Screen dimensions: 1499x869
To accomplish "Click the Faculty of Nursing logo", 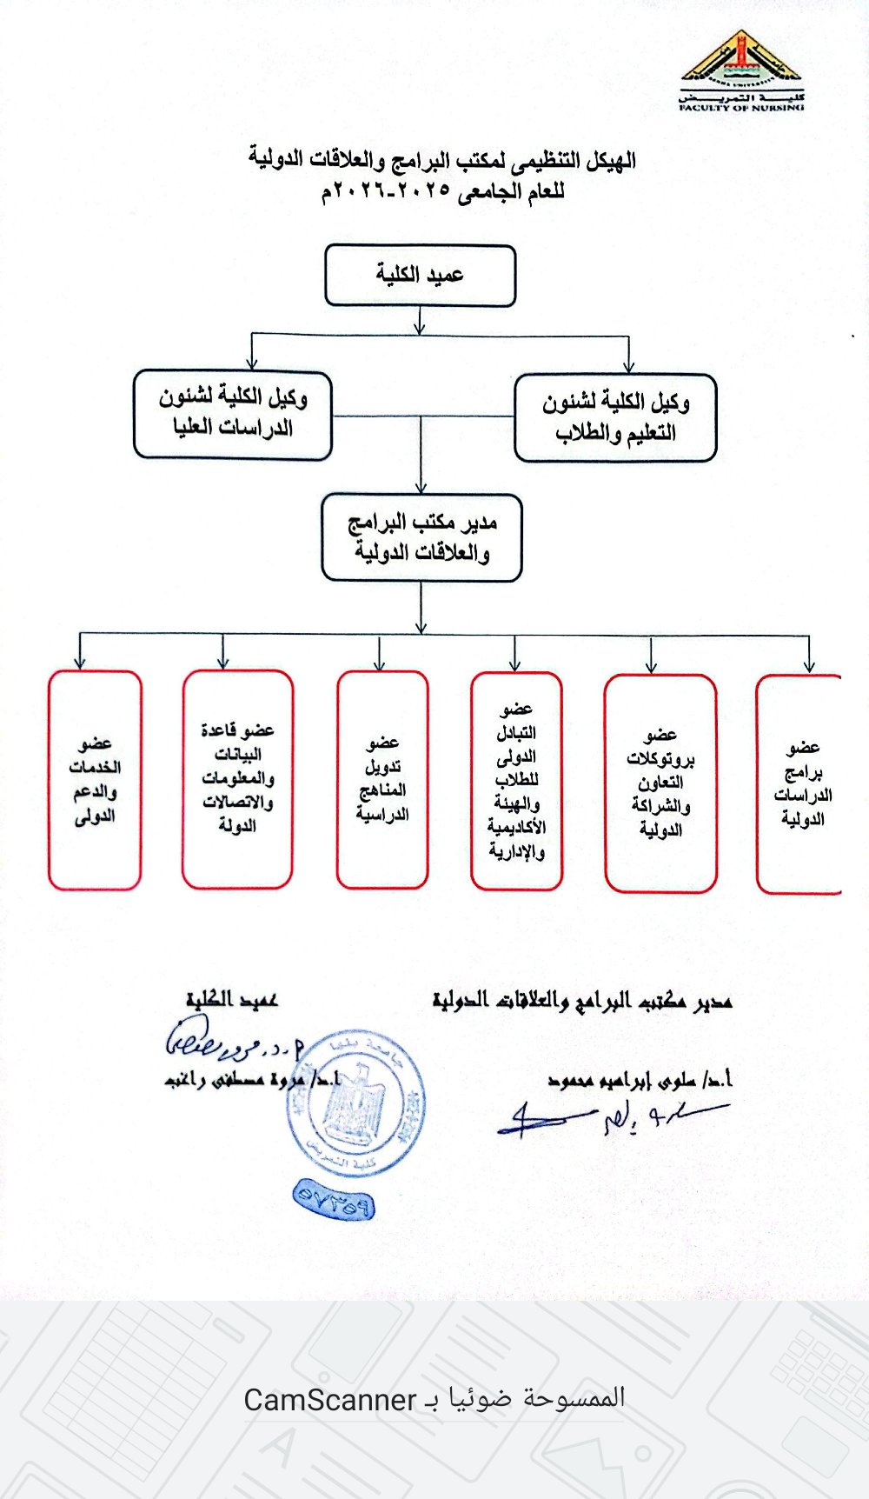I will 741,70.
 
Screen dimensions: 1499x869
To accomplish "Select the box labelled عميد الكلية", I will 420,275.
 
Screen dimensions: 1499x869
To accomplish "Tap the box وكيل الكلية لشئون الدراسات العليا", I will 233,414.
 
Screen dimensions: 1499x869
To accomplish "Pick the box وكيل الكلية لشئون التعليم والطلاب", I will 615,417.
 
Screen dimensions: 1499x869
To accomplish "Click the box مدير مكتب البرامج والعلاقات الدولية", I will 421,537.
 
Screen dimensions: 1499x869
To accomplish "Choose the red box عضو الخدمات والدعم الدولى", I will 95,780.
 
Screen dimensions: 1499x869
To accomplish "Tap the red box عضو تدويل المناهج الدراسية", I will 382,779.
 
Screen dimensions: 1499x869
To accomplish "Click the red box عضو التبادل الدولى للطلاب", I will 516,781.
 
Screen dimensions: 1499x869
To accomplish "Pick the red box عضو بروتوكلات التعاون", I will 660,783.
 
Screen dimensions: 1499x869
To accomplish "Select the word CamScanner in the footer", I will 330,1399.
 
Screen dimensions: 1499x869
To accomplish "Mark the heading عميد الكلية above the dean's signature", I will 231,1000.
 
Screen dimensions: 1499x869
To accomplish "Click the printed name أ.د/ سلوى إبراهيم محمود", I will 640,1080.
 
